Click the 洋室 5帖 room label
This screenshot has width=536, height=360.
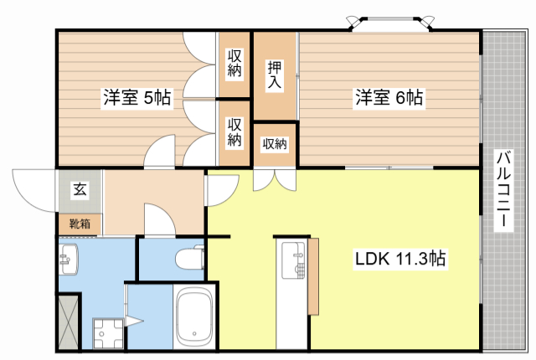[x=137, y=98]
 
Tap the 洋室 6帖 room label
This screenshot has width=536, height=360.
[x=388, y=98]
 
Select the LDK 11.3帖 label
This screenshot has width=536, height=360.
[x=399, y=260]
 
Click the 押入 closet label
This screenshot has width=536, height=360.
[x=275, y=75]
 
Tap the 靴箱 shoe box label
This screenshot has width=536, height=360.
[x=80, y=224]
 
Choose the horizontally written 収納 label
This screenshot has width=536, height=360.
[x=275, y=144]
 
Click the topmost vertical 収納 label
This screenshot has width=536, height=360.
[x=235, y=64]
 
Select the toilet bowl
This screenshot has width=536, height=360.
[x=190, y=259]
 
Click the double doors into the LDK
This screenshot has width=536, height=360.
[x=274, y=179]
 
